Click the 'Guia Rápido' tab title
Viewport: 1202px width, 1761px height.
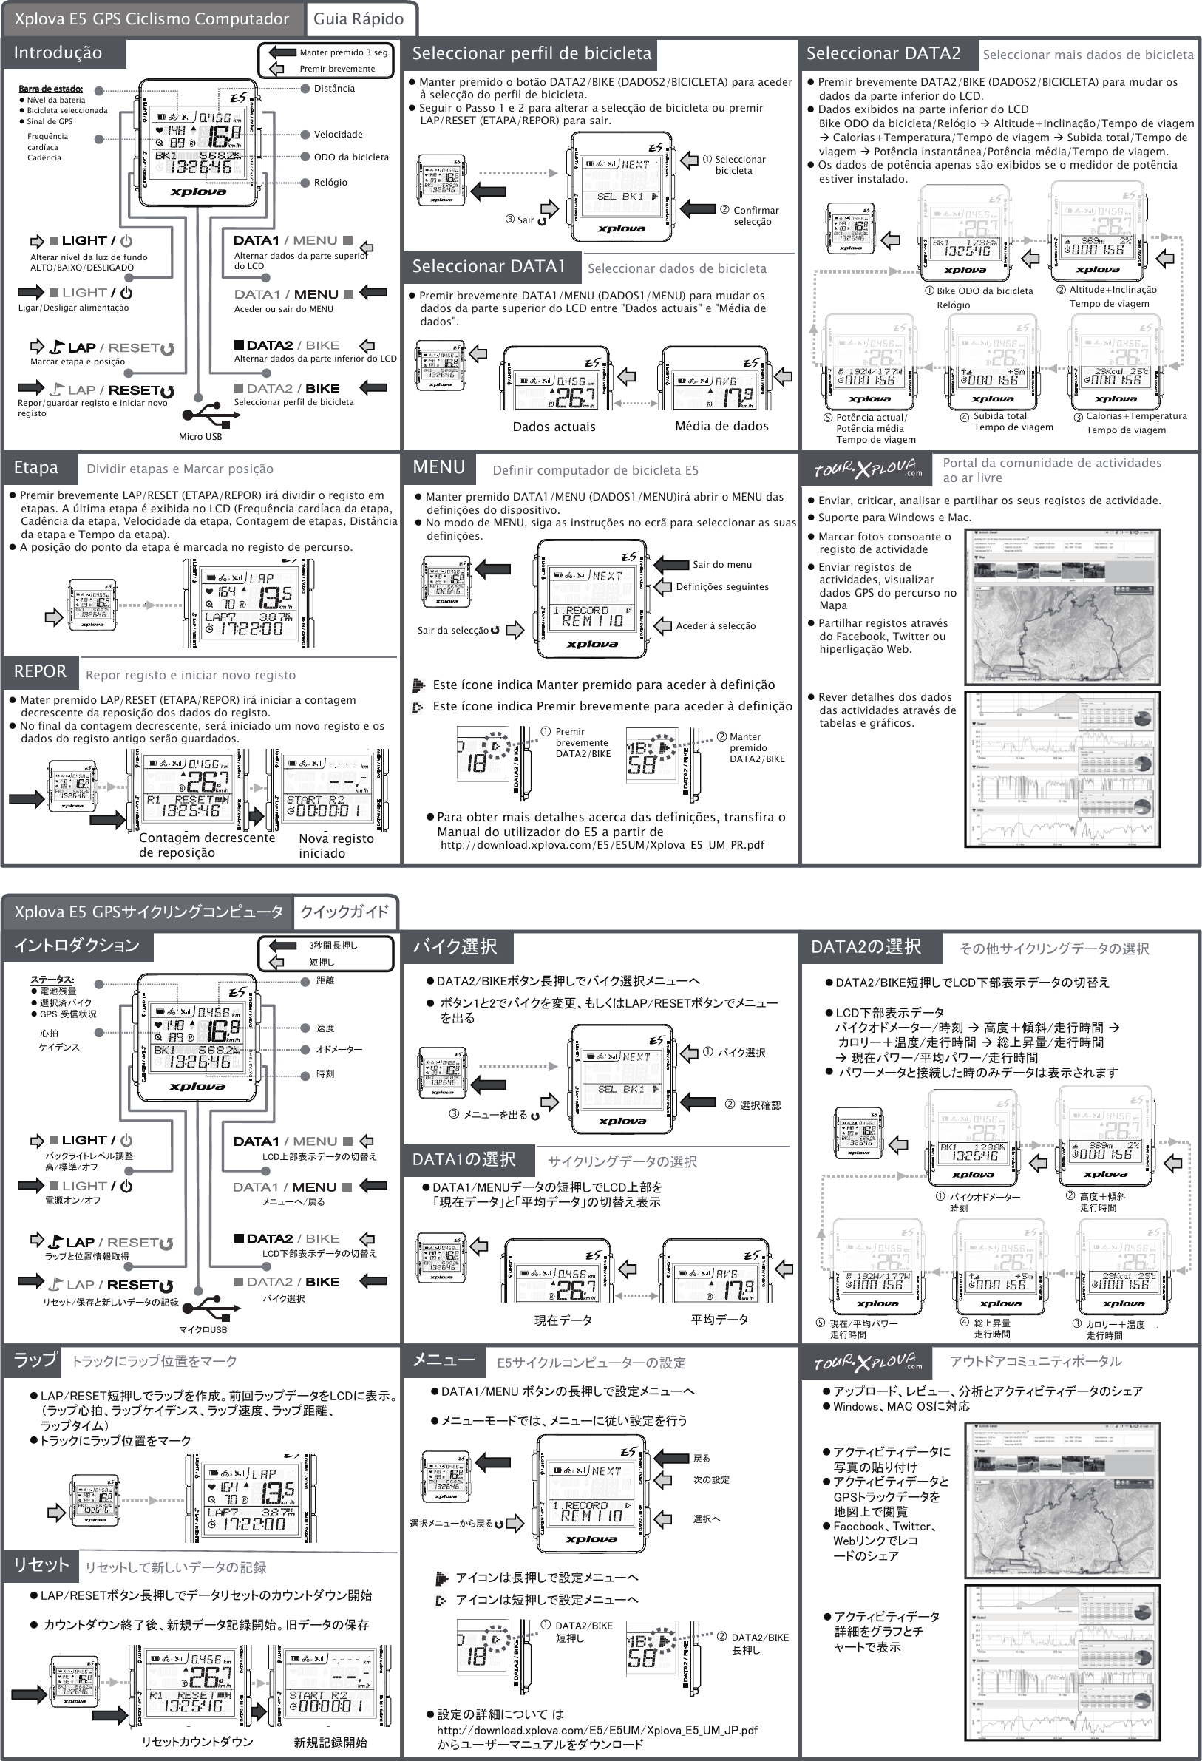(359, 19)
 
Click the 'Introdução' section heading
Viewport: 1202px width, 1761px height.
(58, 53)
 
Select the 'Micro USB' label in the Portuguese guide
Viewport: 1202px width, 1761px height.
(200, 436)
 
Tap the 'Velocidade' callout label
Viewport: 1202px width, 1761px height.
(338, 134)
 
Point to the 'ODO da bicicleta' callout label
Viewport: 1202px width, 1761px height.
(351, 157)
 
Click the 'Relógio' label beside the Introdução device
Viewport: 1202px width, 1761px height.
(330, 183)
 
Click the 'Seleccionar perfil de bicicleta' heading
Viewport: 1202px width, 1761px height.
(532, 54)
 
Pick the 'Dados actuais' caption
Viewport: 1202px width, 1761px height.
(554, 427)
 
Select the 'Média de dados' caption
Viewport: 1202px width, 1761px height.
(721, 426)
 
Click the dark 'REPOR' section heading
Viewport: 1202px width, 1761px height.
(40, 671)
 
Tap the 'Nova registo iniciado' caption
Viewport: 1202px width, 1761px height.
(336, 846)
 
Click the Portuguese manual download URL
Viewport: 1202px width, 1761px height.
(602, 845)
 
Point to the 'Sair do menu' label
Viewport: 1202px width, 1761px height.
(721, 565)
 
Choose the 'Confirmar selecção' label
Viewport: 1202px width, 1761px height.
(755, 216)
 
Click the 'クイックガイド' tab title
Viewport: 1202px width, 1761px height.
(344, 912)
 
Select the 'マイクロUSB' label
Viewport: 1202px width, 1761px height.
(203, 1329)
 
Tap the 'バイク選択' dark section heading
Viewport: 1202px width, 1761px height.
(455, 946)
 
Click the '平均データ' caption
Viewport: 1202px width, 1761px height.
(719, 1319)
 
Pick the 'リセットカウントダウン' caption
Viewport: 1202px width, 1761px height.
(197, 1741)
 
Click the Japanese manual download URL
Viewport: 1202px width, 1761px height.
(597, 1730)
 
